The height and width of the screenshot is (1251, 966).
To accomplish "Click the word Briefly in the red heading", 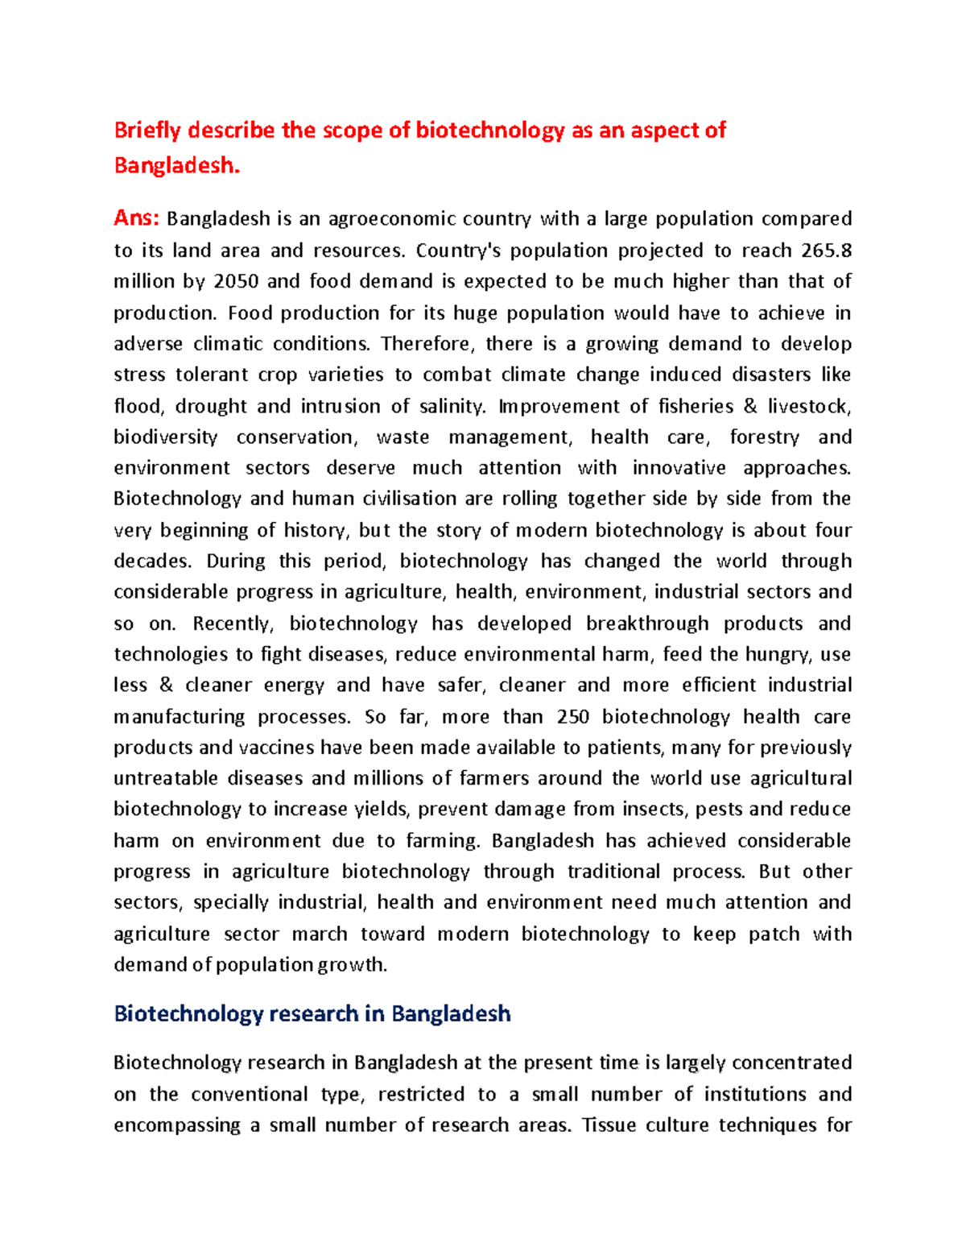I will tap(148, 130).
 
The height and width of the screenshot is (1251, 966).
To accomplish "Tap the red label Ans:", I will tap(137, 218).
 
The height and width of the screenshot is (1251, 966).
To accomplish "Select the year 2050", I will tap(236, 281).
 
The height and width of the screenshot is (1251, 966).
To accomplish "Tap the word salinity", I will tap(452, 406).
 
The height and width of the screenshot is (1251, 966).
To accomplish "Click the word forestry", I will tap(764, 437).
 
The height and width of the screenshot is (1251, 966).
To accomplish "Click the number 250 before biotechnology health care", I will tap(573, 717).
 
